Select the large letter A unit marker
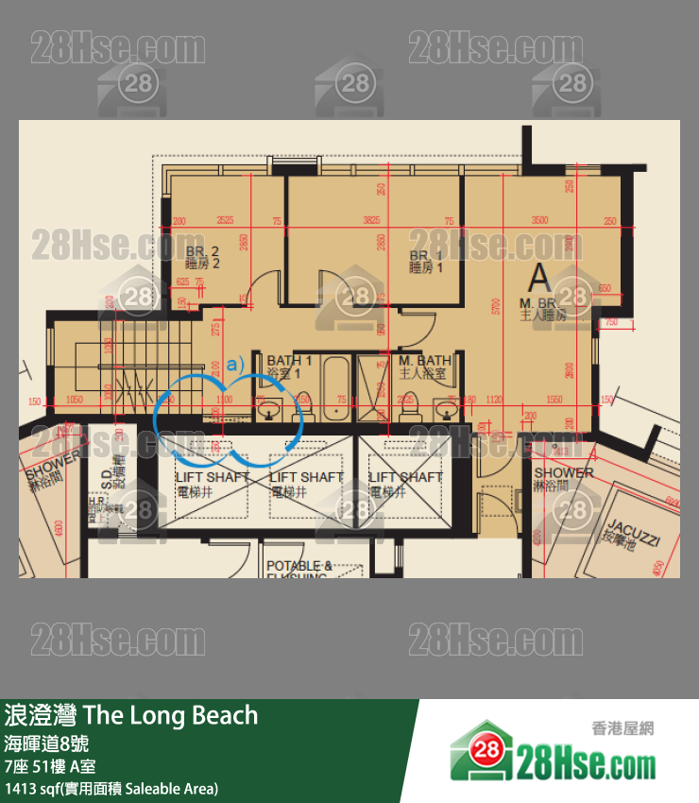[x=539, y=277]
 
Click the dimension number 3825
[x=372, y=221]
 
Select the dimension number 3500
[x=538, y=221]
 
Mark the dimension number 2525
[x=225, y=221]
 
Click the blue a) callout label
[x=234, y=361]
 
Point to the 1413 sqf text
[x=33, y=788]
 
